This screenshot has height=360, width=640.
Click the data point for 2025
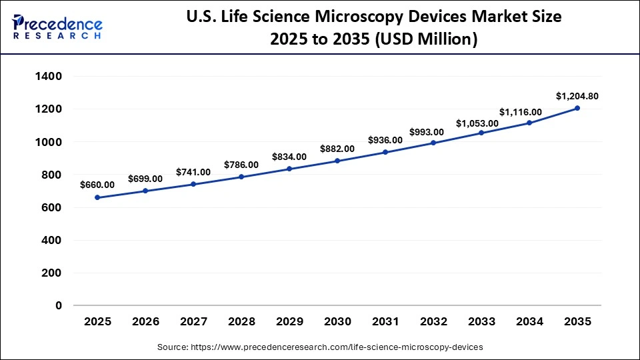[x=97, y=197]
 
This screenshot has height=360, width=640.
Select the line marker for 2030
[x=337, y=161]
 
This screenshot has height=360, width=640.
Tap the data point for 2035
[x=577, y=108]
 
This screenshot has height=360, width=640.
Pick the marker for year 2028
[x=241, y=177]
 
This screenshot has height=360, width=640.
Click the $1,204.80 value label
[x=577, y=96]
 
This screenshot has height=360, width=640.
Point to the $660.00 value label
[x=97, y=185]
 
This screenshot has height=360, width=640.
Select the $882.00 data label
[x=337, y=149]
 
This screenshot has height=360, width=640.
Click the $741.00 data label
[x=193, y=172]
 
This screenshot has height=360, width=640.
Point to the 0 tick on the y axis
[x=58, y=306]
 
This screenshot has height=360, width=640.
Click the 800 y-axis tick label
[x=51, y=175]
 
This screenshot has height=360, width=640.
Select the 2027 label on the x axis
[x=193, y=322]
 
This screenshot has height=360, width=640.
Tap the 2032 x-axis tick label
[x=433, y=322]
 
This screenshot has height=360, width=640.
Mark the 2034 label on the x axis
[x=529, y=322]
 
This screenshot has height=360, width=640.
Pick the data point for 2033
[x=481, y=133]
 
